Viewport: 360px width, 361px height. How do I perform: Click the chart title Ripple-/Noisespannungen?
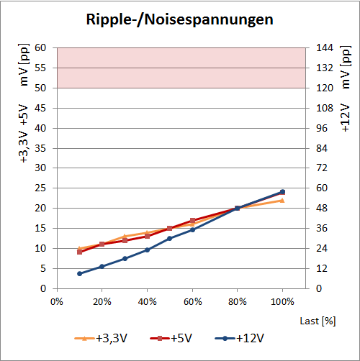(180, 20)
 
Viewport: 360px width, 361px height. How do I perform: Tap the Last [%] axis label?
(319, 319)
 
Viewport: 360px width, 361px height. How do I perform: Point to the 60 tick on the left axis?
(41, 47)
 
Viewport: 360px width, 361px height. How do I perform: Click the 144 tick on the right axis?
(324, 47)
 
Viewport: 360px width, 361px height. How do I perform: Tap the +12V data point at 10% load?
(79, 273)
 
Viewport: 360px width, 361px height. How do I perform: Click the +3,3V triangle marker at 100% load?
(282, 200)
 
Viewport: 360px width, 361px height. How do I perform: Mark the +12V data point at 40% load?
(147, 250)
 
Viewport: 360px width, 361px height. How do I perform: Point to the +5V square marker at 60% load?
(192, 221)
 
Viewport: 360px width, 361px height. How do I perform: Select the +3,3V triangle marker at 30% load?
(125, 237)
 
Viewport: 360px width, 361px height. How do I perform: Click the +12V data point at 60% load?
(192, 229)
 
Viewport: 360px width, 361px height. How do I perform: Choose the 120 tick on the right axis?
(324, 88)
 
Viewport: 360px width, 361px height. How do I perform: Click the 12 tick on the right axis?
(322, 268)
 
